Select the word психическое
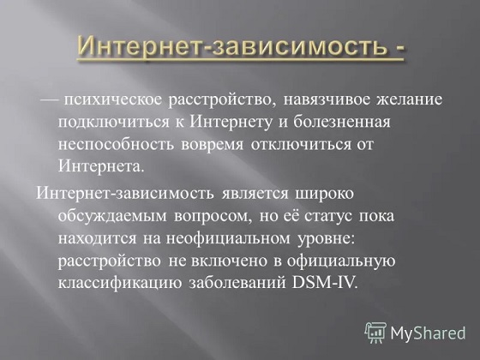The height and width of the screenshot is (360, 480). coord(112,100)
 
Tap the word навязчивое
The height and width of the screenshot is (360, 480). coord(327,100)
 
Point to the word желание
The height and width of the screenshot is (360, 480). coord(410,100)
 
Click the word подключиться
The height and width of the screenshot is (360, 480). coord(113,123)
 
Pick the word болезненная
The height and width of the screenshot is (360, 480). coord(342,123)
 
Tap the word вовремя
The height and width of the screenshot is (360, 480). coord(213,145)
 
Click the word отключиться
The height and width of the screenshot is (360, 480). coord(301,145)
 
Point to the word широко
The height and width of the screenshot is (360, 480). coord(324,194)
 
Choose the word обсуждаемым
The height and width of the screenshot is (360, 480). coord(112,216)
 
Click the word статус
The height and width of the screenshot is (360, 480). coord(327,217)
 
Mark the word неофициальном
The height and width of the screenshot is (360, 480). coord(228,239)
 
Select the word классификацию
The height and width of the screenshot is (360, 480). coord(120,283)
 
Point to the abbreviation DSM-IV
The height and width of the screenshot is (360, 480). coord(325,283)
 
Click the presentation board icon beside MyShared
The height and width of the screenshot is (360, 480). coord(375,333)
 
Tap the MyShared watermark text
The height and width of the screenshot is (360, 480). coord(428,333)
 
